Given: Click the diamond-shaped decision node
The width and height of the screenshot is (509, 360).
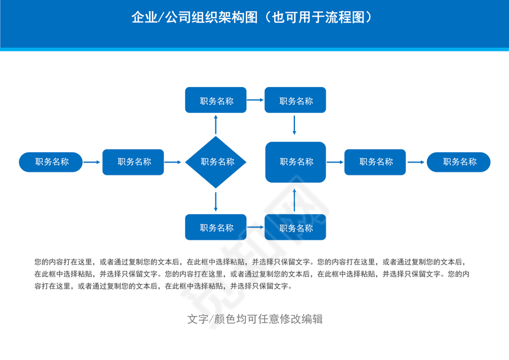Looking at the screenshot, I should (216, 162).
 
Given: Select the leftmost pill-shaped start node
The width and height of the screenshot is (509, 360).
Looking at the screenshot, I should (51, 162).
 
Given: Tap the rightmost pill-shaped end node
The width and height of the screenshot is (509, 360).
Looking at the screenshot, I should (459, 162).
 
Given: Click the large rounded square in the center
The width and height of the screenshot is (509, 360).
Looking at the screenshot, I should (296, 162).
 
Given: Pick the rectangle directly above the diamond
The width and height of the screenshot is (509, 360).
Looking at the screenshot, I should (216, 101).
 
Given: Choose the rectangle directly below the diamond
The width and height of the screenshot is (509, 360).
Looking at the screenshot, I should (216, 228).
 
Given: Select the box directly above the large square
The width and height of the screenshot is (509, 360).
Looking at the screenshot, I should (296, 101).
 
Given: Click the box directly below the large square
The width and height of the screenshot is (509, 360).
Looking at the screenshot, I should (296, 228).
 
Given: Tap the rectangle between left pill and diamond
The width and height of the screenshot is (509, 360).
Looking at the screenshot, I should (133, 162).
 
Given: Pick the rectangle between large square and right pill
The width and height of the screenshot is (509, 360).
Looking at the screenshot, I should (375, 162).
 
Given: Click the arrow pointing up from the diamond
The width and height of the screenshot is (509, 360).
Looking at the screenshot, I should (216, 124).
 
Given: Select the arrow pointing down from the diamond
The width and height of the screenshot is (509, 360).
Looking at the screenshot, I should (216, 201).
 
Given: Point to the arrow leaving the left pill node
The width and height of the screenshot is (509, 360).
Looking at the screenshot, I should (92, 162).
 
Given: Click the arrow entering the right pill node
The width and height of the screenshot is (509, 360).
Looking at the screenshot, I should (416, 162).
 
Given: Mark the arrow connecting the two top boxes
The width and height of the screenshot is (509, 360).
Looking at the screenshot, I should (255, 101).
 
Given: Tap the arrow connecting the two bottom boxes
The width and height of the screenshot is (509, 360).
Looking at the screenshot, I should (255, 228).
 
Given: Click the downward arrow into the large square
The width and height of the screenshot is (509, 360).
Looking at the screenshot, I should (295, 125).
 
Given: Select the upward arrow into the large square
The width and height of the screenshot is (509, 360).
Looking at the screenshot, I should (295, 199).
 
